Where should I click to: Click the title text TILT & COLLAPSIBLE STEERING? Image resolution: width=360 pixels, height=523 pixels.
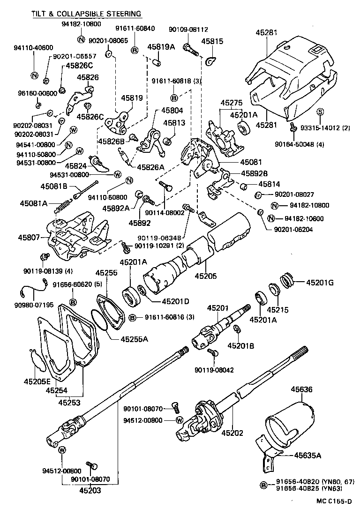click(x=86, y=14)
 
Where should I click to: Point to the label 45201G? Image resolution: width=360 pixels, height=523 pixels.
click(x=320, y=283)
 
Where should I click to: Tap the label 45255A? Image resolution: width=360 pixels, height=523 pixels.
click(x=134, y=339)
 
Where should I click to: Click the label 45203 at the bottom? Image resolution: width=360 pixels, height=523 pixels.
click(x=89, y=491)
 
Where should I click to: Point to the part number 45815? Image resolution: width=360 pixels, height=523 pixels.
click(x=212, y=41)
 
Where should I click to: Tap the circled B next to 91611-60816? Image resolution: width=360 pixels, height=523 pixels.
click(x=132, y=318)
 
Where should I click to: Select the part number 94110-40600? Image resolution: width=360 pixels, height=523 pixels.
click(x=34, y=48)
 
